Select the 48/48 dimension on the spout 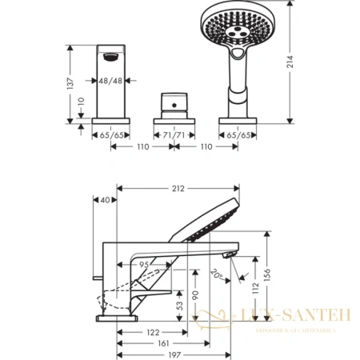[110, 81]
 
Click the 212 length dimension [178, 189]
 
